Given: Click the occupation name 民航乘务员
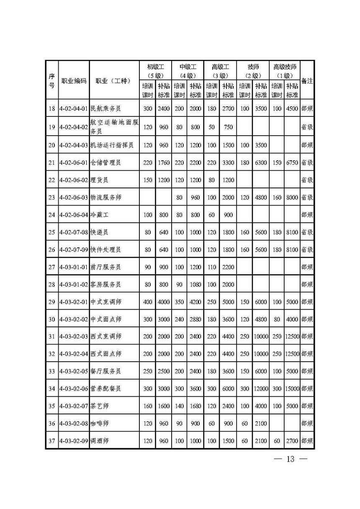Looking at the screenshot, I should (105, 109).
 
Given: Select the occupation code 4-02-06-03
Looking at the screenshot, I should (74, 197).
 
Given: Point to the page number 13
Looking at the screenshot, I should (291, 459).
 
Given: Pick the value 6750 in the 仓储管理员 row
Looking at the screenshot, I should (292, 162).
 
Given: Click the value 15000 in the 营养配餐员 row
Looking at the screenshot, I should (292, 388).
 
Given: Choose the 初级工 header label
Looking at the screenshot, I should (155, 67).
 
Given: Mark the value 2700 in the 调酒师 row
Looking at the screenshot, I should (292, 441).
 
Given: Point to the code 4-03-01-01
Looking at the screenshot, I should (74, 267).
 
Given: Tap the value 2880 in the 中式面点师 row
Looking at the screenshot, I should (195, 319).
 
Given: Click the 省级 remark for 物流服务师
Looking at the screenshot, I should (307, 197).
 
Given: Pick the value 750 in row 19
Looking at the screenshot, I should (228, 127).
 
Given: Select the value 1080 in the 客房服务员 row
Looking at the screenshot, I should (195, 284).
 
